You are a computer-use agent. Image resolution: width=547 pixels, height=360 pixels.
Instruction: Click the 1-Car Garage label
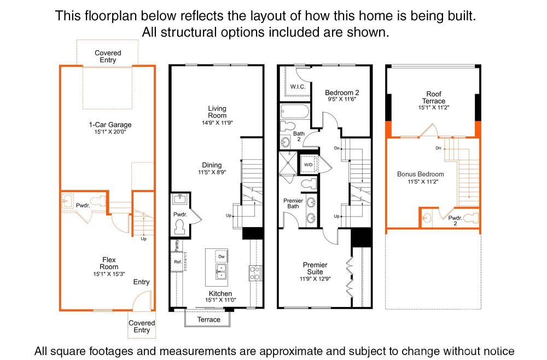110,125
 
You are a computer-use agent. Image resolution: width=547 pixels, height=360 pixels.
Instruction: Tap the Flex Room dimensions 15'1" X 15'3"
109,274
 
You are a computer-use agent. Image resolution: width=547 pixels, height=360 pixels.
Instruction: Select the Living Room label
217,112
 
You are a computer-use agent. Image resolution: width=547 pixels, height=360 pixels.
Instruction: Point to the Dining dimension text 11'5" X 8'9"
212,172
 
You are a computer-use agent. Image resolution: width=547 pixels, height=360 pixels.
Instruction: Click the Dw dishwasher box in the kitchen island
222,257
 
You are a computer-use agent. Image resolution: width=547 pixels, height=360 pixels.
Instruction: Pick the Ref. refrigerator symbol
178,262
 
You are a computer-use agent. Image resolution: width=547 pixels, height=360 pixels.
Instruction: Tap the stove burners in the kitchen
255,273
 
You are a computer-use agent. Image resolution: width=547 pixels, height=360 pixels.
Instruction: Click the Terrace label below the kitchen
208,319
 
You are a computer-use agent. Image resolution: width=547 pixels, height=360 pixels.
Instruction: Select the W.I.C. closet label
298,87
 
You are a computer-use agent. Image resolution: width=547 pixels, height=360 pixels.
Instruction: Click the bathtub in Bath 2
295,111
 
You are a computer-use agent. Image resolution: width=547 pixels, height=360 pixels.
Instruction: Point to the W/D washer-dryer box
309,164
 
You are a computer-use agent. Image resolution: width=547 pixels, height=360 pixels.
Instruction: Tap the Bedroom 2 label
342,92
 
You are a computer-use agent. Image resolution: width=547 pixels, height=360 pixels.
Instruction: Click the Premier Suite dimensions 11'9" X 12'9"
315,278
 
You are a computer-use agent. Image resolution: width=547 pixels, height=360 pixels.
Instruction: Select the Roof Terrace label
434,97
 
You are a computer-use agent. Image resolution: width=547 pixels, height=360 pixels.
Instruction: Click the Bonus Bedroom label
420,174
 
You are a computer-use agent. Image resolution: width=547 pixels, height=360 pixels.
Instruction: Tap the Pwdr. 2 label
455,220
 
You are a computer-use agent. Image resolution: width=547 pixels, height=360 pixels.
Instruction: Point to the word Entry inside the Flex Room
141,282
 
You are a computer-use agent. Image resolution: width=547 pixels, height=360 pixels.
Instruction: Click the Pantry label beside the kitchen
177,245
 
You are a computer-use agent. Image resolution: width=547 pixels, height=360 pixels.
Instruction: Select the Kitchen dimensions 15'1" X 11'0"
220,300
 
